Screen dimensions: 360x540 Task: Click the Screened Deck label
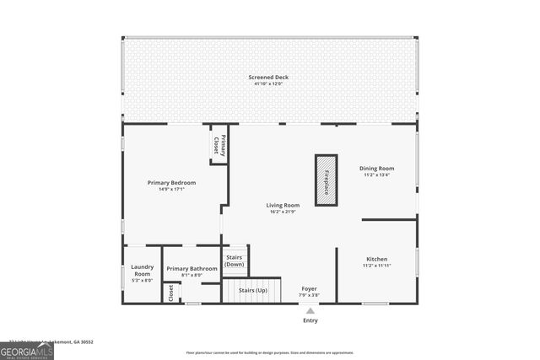click(x=270, y=76)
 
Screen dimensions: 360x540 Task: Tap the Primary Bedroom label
click(x=171, y=183)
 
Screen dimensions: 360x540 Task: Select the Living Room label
click(x=283, y=205)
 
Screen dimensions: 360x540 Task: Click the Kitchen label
click(x=376, y=259)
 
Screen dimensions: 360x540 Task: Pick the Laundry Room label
click(x=143, y=271)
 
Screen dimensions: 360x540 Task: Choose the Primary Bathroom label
click(x=192, y=269)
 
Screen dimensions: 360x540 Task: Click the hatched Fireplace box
click(x=326, y=180)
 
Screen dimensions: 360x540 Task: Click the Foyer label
click(x=310, y=289)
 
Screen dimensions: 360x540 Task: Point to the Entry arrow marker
click(x=310, y=311)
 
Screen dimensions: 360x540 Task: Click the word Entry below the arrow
click(x=310, y=320)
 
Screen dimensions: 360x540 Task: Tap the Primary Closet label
click(x=218, y=145)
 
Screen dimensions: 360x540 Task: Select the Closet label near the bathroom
click(x=171, y=293)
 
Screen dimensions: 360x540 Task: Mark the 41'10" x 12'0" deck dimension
click(x=270, y=83)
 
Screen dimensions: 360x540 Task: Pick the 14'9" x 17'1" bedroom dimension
click(x=171, y=190)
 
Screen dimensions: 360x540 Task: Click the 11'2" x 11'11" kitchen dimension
click(x=376, y=266)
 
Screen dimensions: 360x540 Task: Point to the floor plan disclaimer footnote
click(x=270, y=352)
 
